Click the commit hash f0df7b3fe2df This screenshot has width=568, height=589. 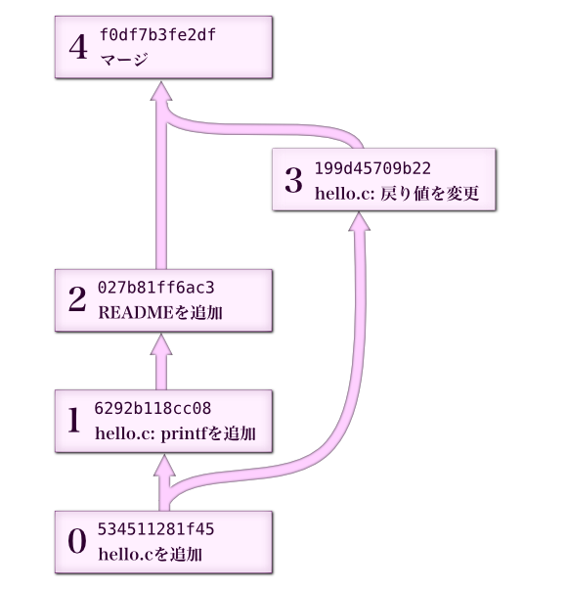(157, 35)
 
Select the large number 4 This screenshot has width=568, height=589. (78, 47)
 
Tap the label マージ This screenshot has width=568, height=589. (124, 60)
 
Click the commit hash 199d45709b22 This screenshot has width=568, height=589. (372, 168)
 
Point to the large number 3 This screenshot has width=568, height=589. (293, 180)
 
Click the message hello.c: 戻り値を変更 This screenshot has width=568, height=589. (397, 194)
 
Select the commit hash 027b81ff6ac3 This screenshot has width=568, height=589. (155, 288)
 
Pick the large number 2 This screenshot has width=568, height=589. (77, 299)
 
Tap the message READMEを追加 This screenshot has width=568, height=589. (160, 312)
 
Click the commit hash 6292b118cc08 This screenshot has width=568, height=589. (153, 408)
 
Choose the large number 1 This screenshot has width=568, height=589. (74, 420)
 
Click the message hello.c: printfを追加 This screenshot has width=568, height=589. (175, 433)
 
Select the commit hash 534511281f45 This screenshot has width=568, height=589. (155, 529)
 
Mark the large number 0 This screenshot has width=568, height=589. (77, 541)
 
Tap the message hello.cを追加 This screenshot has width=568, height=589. (151, 555)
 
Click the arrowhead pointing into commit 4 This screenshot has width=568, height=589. (161, 91)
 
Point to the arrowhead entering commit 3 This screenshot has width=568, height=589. (359, 222)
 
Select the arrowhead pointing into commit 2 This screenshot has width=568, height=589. (161, 344)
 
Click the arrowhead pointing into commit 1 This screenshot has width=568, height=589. (164, 465)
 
